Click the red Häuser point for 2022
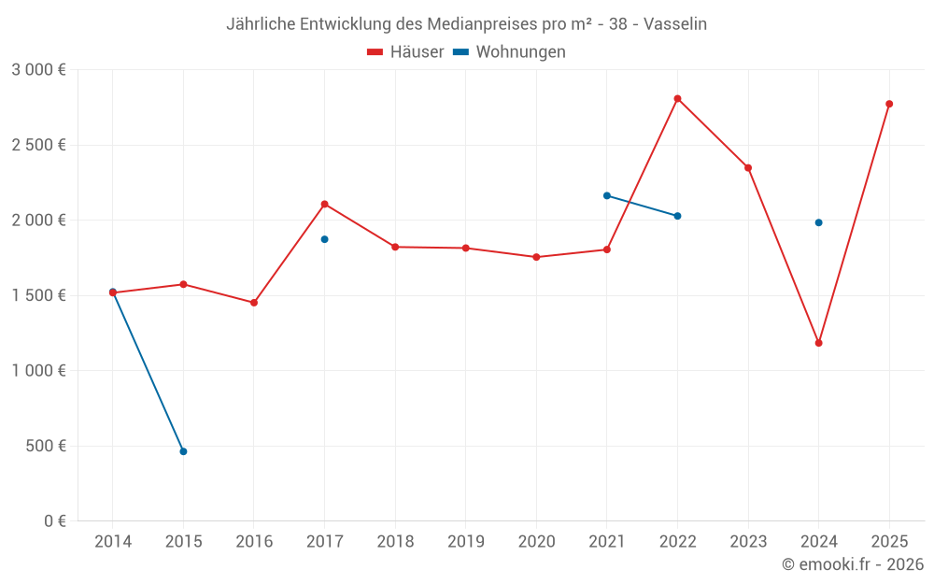[677, 99]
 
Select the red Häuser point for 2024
[818, 343]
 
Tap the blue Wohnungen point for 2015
[183, 451]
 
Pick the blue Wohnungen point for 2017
[324, 239]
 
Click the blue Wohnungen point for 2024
[818, 222]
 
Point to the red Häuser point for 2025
[889, 104]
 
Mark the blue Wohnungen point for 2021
[606, 195]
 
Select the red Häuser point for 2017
[324, 204]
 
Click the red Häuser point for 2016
[254, 303]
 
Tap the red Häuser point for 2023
[748, 168]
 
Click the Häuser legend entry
[405, 52]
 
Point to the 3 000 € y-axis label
[38, 70]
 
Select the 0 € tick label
[55, 521]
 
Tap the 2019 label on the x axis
[465, 542]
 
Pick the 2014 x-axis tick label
[113, 542]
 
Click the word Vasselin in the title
[674, 24]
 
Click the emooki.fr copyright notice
[852, 564]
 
